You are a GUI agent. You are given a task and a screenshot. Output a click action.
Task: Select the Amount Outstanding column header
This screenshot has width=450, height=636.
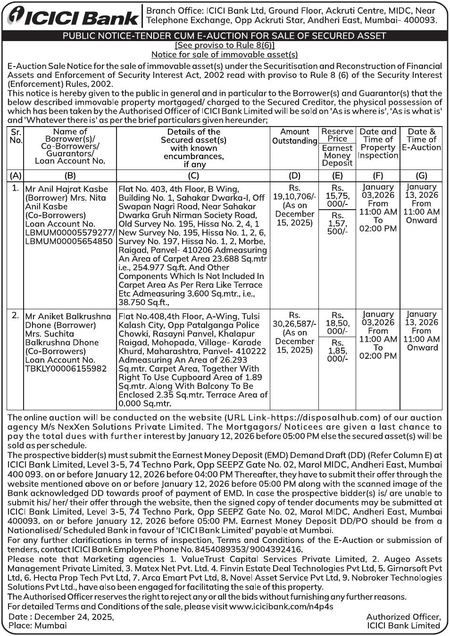(294, 136)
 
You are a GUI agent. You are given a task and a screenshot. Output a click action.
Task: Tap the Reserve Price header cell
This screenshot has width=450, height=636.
(337, 135)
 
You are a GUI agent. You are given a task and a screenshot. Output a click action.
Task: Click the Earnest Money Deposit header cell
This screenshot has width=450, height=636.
(337, 155)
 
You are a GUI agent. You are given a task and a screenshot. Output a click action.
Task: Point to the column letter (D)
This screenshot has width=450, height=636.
(294, 176)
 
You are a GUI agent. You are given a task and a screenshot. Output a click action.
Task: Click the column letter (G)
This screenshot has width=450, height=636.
(421, 176)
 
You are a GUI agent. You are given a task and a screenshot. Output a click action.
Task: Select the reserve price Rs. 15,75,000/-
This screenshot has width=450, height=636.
(337, 196)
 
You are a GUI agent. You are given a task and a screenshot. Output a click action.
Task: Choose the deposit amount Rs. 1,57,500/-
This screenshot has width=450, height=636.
(337, 223)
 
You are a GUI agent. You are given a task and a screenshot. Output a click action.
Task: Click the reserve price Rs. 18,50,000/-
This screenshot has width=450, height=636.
(337, 323)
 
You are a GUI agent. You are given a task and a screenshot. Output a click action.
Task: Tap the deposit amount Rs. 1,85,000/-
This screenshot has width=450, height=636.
(337, 351)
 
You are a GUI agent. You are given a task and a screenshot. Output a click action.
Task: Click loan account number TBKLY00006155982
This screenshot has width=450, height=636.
(66, 368)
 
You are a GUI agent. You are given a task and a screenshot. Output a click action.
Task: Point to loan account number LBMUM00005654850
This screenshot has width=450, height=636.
(69, 241)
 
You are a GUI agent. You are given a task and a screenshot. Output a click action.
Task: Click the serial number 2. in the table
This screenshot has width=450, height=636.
(15, 315)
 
